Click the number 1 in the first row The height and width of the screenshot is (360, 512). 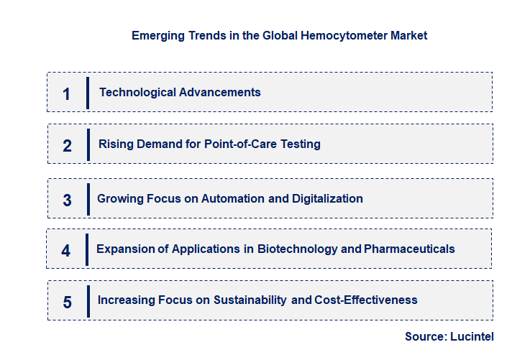67,93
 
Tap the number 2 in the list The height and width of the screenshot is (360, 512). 67,146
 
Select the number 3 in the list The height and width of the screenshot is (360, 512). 67,200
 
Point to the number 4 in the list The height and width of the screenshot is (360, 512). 66,251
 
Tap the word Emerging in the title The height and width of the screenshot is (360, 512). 155,35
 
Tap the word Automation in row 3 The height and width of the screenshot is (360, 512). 234,198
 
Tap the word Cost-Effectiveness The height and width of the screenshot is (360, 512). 366,300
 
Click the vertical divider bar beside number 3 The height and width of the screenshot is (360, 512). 88,198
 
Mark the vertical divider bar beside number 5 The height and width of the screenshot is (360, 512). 88,300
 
